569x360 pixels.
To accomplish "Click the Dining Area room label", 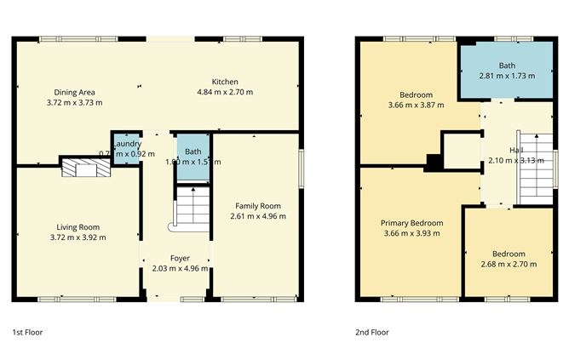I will tap(74, 92).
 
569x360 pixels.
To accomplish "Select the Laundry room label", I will tap(126, 143).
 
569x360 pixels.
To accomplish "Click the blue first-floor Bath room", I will tap(193, 157).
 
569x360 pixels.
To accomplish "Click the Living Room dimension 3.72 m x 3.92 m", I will tap(81, 237).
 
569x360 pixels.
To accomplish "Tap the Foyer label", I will tap(180, 258).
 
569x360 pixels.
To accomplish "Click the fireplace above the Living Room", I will tap(85, 168).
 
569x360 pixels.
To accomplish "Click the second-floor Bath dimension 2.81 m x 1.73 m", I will tap(506, 76).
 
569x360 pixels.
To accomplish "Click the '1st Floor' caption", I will tap(27, 332).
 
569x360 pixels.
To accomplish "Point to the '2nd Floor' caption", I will tap(372, 332).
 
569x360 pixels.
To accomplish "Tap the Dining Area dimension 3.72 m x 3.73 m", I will tap(78, 102).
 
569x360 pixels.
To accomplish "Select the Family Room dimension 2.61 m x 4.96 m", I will tap(255, 216).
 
